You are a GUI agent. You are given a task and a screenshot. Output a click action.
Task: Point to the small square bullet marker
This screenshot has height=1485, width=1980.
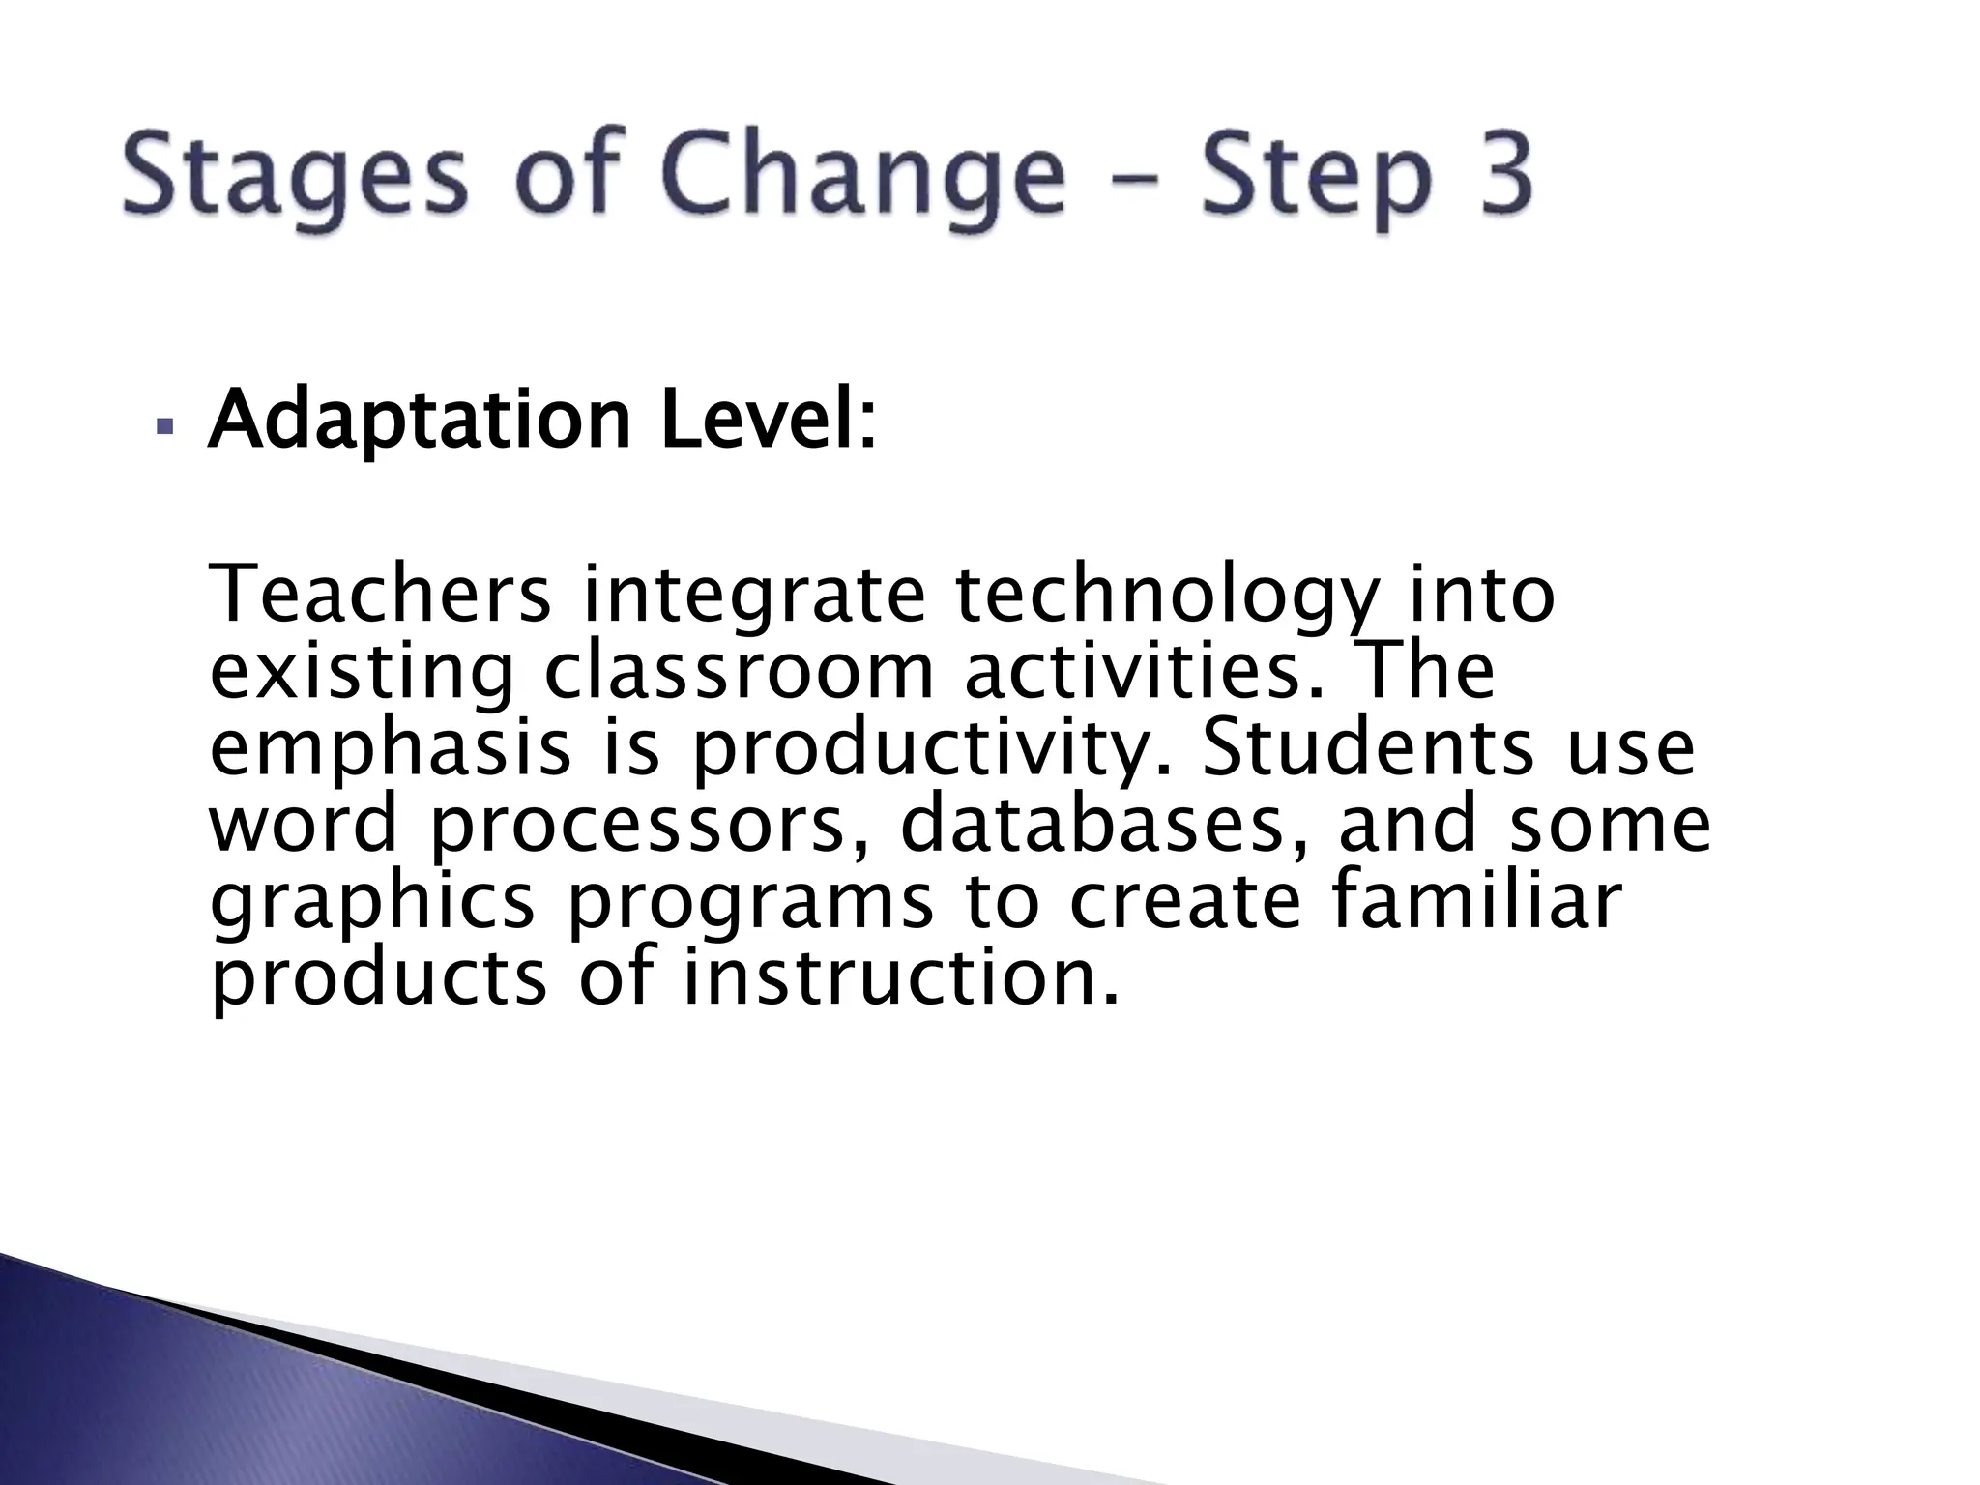162,426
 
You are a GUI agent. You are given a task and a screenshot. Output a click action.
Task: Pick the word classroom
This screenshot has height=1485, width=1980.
739,671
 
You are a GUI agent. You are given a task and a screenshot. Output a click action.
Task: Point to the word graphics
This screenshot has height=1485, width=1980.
372,904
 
